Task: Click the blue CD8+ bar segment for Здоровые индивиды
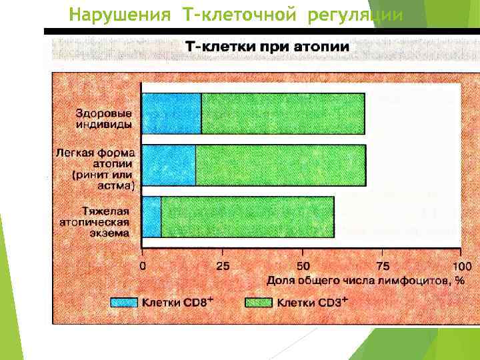click(x=171, y=113)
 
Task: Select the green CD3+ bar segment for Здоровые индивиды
click(x=283, y=113)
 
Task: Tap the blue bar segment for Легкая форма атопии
click(x=169, y=165)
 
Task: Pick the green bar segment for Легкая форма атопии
click(x=281, y=165)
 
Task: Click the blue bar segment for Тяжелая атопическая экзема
click(x=151, y=217)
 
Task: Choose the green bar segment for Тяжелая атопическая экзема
click(x=247, y=217)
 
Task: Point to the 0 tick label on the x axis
click(x=143, y=266)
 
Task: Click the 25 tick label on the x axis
click(x=223, y=266)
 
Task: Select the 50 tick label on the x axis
click(x=303, y=266)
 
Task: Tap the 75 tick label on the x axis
click(x=383, y=266)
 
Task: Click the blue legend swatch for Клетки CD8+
click(x=124, y=303)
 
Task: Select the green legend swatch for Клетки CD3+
click(x=259, y=303)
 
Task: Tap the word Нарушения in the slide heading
click(x=120, y=14)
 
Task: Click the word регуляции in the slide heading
click(x=355, y=14)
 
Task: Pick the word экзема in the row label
click(x=112, y=233)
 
